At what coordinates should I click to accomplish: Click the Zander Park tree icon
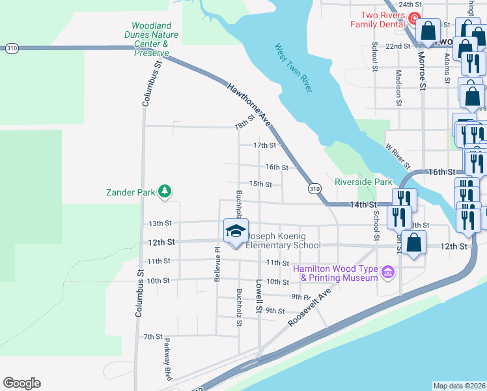[x=165, y=191]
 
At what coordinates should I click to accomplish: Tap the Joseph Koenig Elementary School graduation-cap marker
[x=236, y=230]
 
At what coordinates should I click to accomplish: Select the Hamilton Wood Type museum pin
[x=389, y=271]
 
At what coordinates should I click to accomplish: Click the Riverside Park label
[x=363, y=182]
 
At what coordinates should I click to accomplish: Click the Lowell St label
[x=259, y=297]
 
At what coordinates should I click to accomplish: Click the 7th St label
[x=152, y=336]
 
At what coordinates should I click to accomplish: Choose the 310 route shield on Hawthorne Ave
[x=314, y=188]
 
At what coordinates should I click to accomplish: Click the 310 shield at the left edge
[x=11, y=48]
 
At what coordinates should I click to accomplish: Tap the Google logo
[x=21, y=383]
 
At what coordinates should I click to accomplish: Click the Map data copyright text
[x=460, y=386]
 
